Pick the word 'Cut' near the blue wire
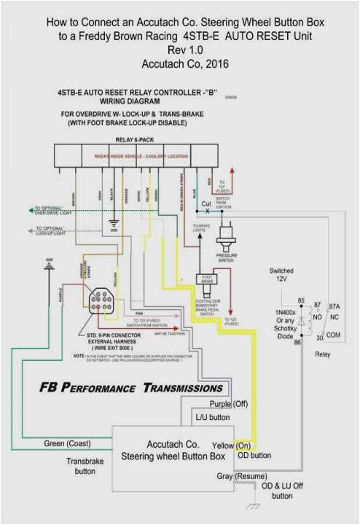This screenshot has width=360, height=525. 206,203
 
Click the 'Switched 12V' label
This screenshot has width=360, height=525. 281,276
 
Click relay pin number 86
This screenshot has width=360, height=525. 297,342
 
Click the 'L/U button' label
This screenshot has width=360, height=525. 213,418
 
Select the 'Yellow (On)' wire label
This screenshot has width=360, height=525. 232,445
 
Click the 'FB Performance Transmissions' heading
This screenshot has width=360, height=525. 131,387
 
